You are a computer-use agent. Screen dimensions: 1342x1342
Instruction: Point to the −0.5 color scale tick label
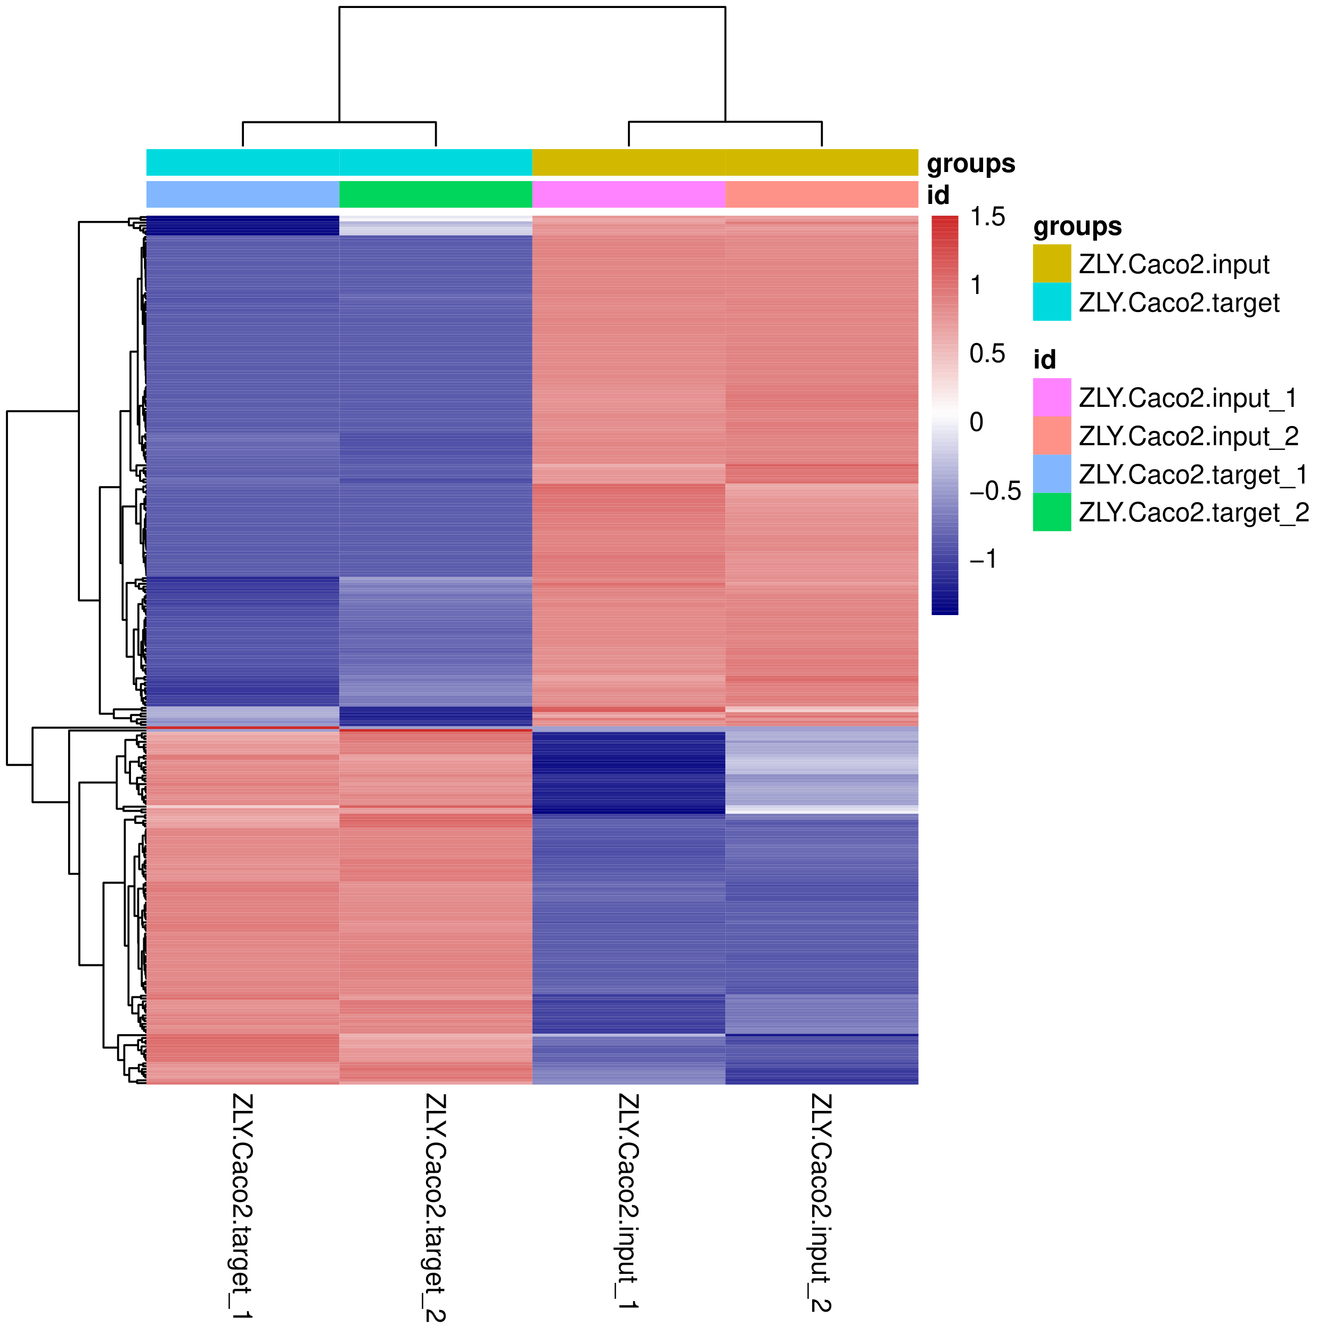pyautogui.click(x=995, y=491)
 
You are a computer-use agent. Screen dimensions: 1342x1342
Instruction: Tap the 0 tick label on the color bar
pyautogui.click(x=976, y=422)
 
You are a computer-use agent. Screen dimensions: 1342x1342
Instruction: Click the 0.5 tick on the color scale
pyautogui.click(x=987, y=354)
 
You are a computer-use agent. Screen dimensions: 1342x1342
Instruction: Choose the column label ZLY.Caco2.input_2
pyautogui.click(x=821, y=1202)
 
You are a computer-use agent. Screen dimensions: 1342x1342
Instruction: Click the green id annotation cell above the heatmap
pyautogui.click(x=436, y=194)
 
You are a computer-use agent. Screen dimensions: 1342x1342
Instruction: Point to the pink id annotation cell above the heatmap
pyautogui.click(x=628, y=194)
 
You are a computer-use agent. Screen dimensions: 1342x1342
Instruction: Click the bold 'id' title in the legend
pyautogui.click(x=1044, y=360)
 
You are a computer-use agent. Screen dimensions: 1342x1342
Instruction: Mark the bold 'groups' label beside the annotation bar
pyautogui.click(x=970, y=164)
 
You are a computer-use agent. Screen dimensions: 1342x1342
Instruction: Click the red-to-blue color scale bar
pyautogui.click(x=944, y=415)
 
